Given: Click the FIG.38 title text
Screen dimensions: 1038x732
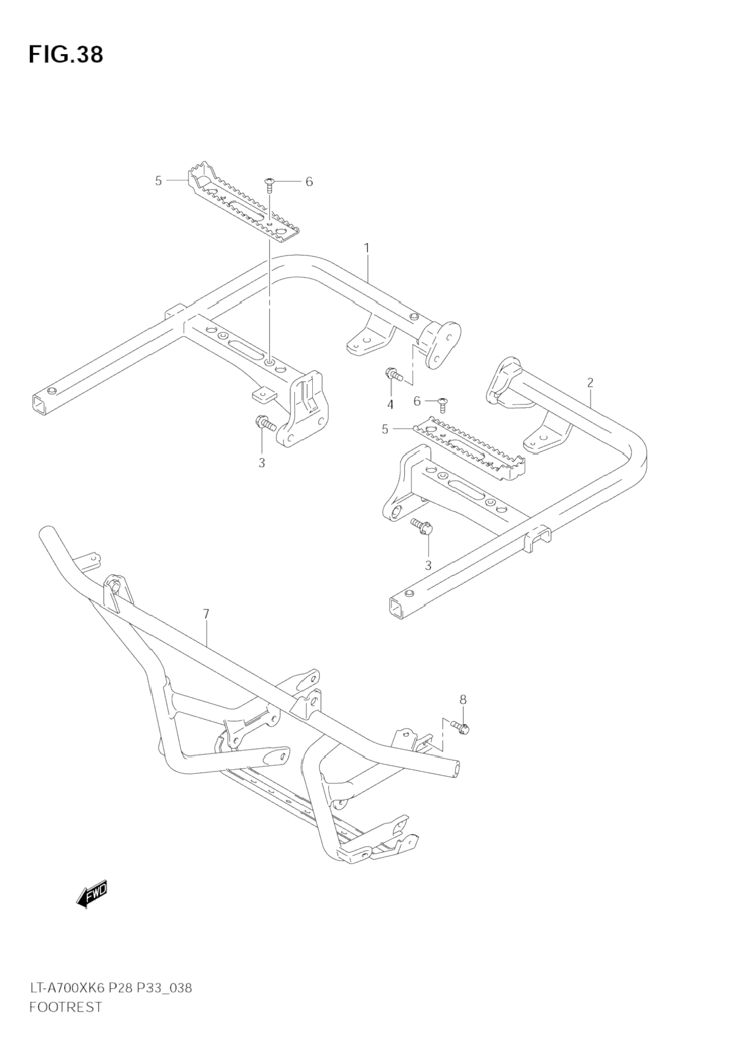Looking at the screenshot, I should (x=66, y=54).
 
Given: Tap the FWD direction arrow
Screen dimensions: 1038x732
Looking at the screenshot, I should (x=92, y=894).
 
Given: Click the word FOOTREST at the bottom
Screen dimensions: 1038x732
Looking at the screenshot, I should (x=65, y=1006).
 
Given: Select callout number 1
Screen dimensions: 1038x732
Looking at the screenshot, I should (x=367, y=248).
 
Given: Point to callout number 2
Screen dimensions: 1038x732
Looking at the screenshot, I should (x=590, y=383).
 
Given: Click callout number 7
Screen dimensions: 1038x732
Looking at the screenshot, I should (x=206, y=614).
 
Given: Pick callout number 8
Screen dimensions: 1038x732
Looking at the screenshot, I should (x=463, y=699).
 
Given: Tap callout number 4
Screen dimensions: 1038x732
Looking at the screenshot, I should (x=390, y=405).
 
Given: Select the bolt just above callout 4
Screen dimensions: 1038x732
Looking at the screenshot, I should (x=392, y=373).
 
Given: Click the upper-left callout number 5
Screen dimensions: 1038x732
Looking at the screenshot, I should (x=158, y=181).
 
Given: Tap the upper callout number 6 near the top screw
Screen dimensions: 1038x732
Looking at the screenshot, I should (x=309, y=182).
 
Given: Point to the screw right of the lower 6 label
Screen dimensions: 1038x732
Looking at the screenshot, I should (x=443, y=403).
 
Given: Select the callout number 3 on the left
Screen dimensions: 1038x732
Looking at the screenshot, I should (x=261, y=463).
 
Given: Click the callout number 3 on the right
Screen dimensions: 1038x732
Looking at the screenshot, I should (x=428, y=565).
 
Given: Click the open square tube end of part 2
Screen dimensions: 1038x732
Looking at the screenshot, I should (x=397, y=607).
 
